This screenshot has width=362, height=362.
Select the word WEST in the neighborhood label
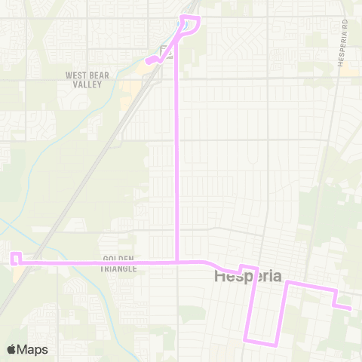click(x=78, y=75)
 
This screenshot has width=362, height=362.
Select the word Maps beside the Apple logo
click(x=32, y=349)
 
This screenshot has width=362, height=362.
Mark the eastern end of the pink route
click(x=351, y=308)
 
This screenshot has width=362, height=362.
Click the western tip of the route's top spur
click(x=146, y=59)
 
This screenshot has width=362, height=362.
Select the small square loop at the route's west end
click(x=15, y=259)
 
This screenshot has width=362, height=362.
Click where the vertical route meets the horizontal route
click(x=176, y=262)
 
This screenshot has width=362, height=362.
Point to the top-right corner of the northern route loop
click(x=198, y=17)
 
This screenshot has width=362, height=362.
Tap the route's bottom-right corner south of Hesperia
click(x=278, y=343)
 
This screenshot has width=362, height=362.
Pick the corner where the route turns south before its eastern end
click(x=334, y=290)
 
